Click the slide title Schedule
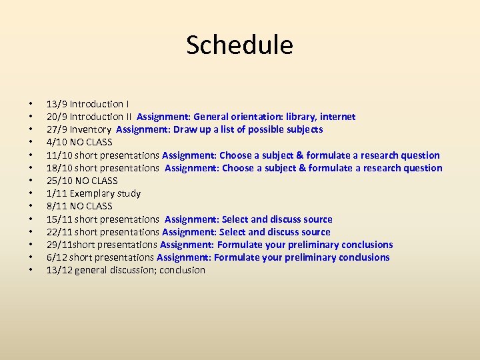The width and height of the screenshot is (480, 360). tap(239, 45)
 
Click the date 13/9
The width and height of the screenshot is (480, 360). tap(57, 104)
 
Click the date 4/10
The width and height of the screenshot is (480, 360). tap(57, 142)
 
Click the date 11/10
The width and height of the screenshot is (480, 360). tap(59, 155)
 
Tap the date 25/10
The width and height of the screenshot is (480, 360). tap(59, 181)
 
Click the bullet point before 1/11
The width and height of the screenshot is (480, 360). tap(31, 194)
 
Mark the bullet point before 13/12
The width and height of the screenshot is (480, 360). tap(31, 271)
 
